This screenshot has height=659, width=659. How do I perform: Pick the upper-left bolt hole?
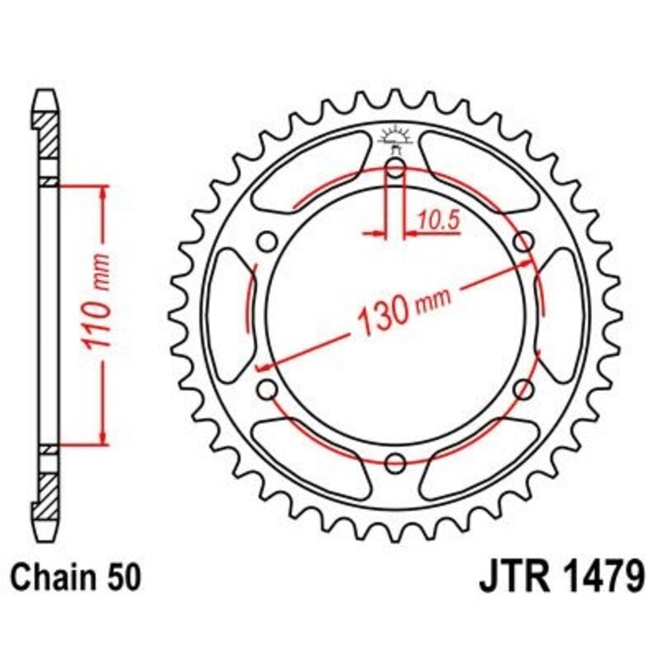266,242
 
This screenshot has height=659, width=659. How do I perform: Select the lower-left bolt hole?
266,388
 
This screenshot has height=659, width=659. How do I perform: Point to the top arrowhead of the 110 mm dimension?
102,193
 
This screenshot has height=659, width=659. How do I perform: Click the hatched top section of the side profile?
48,136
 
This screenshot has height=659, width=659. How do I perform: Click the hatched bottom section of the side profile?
48,493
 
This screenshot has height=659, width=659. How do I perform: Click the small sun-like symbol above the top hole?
395,137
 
